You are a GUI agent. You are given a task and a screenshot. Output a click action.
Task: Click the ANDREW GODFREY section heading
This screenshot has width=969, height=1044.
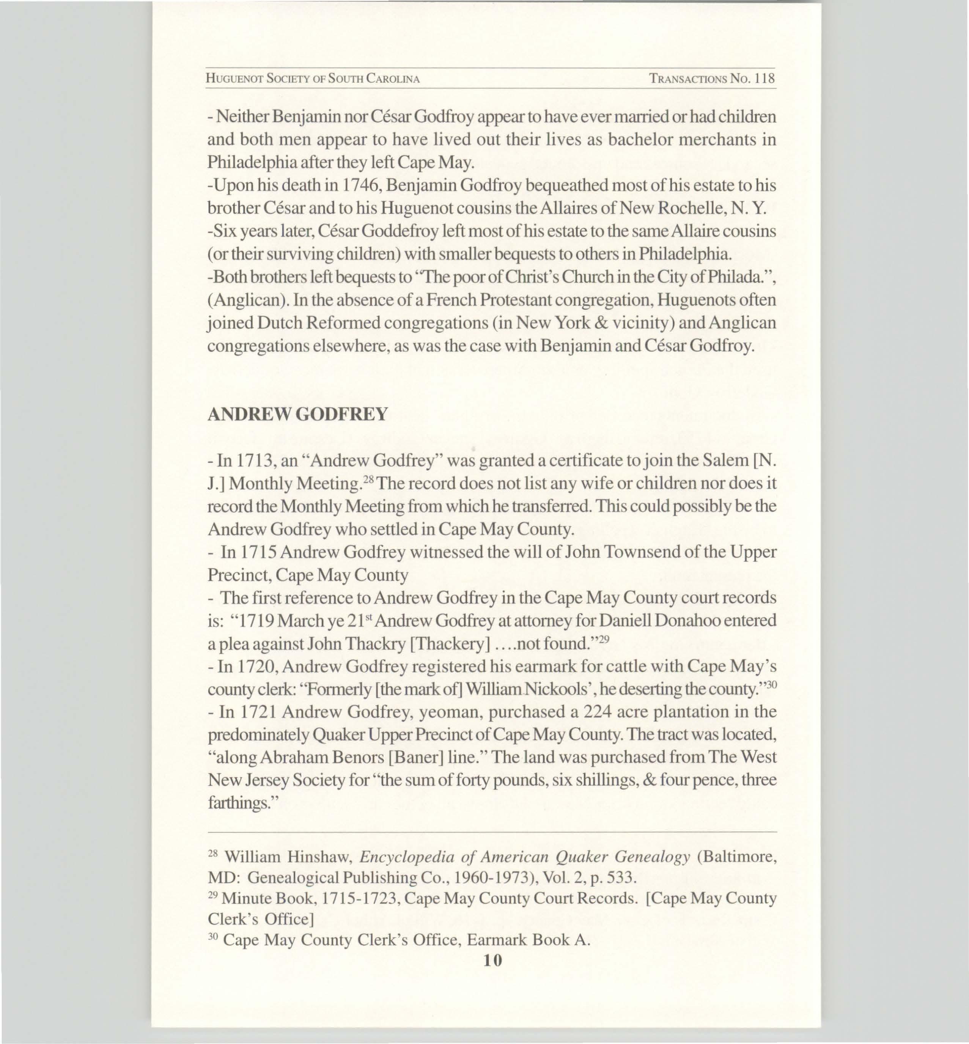(297, 414)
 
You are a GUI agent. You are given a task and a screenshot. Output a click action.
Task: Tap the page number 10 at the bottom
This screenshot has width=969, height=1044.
(492, 960)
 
